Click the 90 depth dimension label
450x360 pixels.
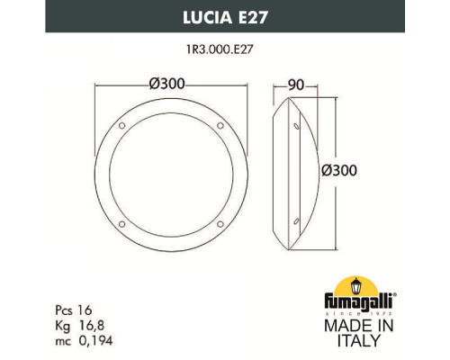tap(294, 84)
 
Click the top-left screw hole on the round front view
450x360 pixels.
tap(129, 120)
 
